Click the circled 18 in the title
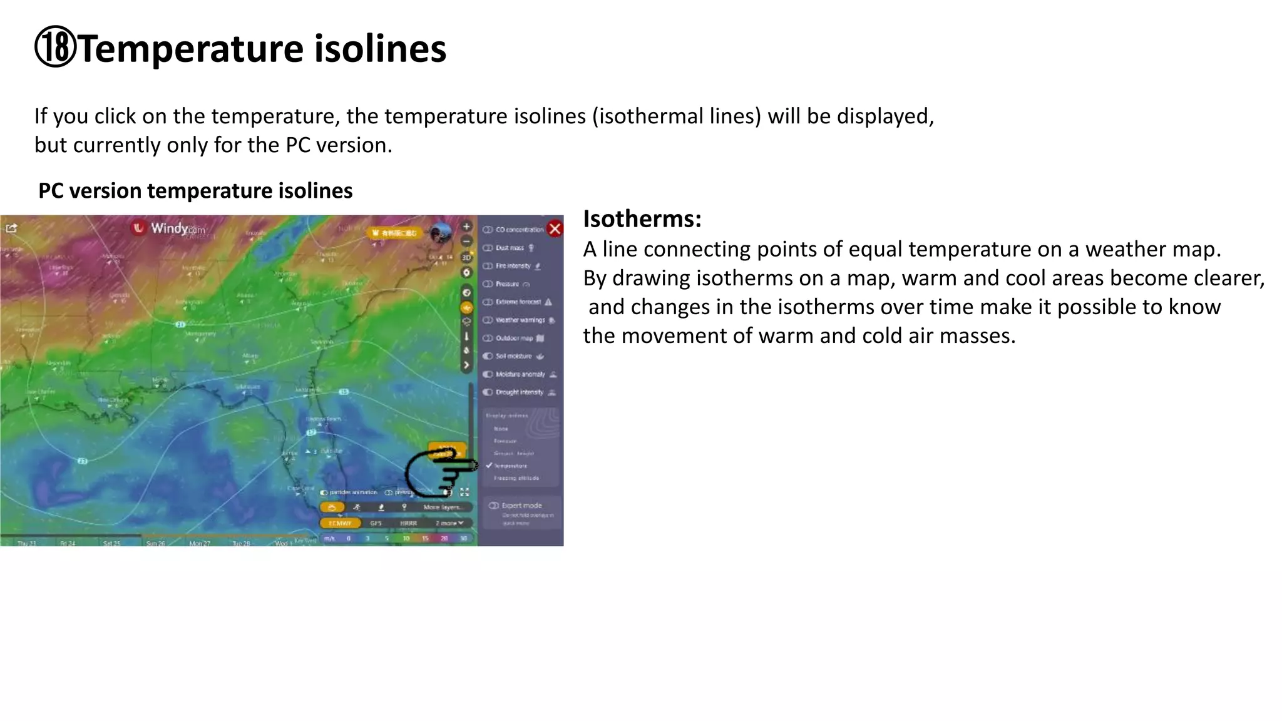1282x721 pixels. [x=55, y=48]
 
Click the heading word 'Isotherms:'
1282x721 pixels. [x=642, y=219]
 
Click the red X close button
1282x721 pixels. [x=555, y=228]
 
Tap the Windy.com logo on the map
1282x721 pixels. [x=169, y=228]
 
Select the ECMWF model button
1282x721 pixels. [x=340, y=523]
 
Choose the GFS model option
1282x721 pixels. [x=376, y=523]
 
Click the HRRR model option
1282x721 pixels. [x=408, y=523]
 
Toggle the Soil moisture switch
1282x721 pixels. [x=488, y=356]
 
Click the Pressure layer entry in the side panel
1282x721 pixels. [x=507, y=284]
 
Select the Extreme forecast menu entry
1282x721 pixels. [x=518, y=302]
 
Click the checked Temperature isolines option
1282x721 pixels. [x=510, y=466]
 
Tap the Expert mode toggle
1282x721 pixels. [x=495, y=506]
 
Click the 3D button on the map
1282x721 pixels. [x=466, y=257]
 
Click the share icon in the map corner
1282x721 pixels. [x=11, y=228]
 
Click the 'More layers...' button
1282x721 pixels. [x=442, y=507]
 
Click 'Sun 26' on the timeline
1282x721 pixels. [x=155, y=543]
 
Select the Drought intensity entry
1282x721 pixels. [x=519, y=392]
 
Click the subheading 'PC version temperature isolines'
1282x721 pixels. [x=195, y=191]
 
